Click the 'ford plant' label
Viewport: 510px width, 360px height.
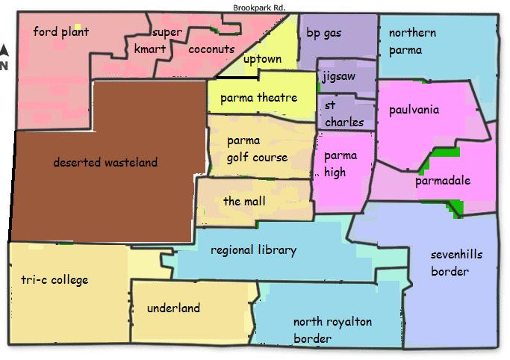[61, 32]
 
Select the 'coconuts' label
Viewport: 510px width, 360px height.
[212, 50]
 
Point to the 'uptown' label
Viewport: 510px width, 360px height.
[262, 59]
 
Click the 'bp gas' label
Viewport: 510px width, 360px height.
[323, 34]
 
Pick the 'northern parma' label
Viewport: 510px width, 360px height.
[412, 42]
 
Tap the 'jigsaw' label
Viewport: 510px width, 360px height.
[338, 77]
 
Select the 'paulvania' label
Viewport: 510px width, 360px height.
[414, 110]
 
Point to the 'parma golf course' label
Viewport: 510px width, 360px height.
[257, 149]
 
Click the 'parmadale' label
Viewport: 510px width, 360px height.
[443, 181]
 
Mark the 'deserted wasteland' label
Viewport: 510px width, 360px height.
[105, 162]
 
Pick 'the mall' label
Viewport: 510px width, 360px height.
[244, 202]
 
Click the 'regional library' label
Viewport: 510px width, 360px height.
[253, 250]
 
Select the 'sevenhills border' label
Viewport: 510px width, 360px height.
[456, 263]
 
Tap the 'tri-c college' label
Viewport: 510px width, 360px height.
[55, 280]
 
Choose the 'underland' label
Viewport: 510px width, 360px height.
[173, 308]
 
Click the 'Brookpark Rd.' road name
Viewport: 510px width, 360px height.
[260, 7]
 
